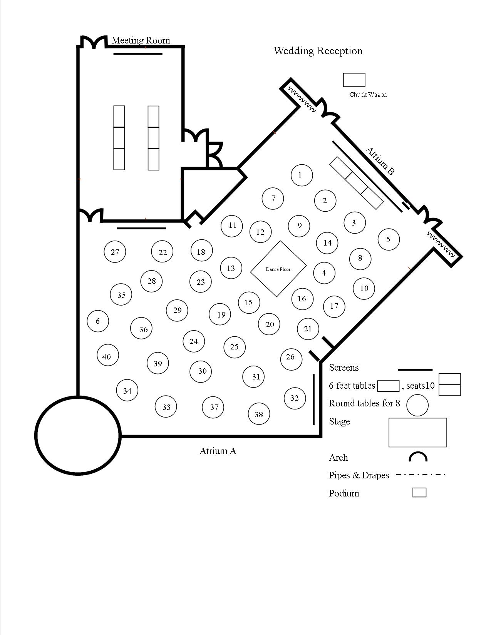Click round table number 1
coord(301,175)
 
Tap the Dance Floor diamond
coord(278,269)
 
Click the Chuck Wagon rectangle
coord(354,80)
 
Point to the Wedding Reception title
coord(318,51)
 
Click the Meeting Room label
coord(141,40)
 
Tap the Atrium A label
coord(218,451)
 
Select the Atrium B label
coord(380,161)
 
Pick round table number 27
coord(115,252)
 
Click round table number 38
coord(259,414)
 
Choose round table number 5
coord(388,239)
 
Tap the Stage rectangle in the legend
coord(417,433)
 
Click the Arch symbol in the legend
coord(418,457)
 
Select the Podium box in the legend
coord(419,493)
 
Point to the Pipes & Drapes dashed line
coord(420,475)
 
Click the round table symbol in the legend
coord(417,405)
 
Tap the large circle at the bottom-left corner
coord(78,435)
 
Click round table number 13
coord(231,268)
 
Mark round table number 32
coord(295,398)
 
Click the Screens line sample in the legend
coord(415,370)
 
